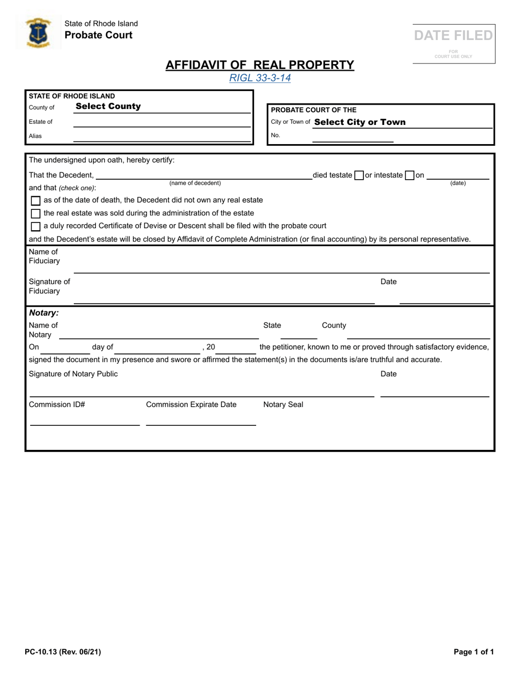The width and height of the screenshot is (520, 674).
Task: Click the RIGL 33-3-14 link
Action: click(260, 78)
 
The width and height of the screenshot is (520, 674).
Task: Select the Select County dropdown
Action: click(108, 106)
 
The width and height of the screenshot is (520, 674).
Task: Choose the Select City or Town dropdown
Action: click(360, 122)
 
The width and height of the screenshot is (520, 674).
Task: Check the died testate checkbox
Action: click(359, 176)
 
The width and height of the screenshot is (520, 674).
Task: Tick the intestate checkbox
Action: click(409, 176)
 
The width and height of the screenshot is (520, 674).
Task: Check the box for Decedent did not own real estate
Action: click(36, 201)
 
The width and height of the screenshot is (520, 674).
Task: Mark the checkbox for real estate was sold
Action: click(36, 213)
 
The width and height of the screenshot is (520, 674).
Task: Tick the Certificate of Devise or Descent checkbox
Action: click(36, 226)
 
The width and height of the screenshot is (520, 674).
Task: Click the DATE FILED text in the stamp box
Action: click(453, 36)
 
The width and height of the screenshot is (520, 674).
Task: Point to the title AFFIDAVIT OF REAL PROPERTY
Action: click(260, 65)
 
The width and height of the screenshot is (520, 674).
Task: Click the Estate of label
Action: click(41, 122)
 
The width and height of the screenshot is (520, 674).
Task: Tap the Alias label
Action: click(35, 136)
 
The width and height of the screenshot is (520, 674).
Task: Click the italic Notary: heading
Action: click(44, 313)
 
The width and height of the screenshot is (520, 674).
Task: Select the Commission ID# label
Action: click(57, 405)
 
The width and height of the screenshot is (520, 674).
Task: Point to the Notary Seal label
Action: click(283, 405)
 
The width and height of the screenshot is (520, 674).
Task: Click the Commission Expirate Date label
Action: click(191, 405)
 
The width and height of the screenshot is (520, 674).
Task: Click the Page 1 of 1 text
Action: click(473, 652)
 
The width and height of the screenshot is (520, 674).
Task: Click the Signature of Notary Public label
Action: click(73, 374)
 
